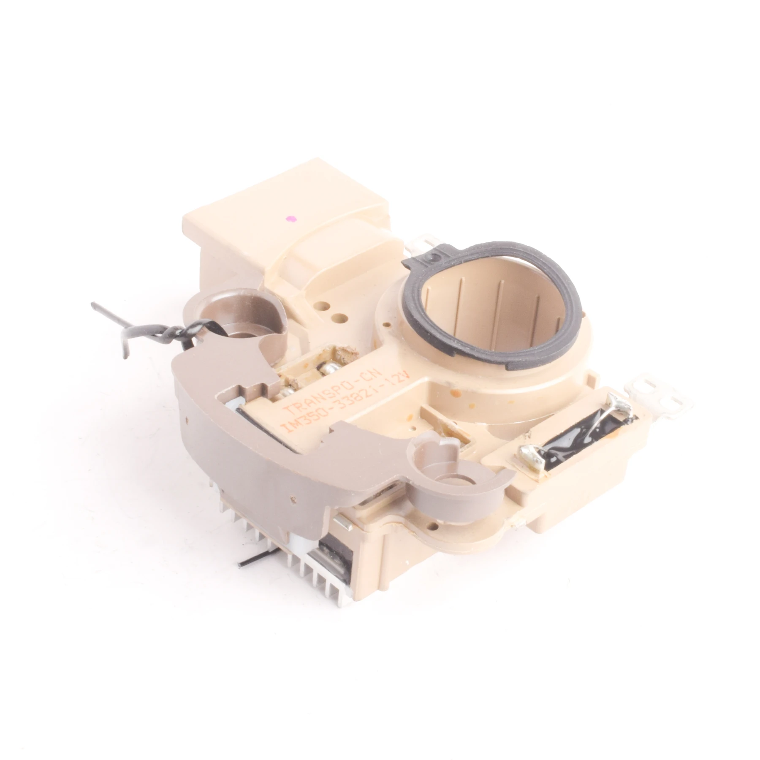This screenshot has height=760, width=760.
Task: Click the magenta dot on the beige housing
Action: point(290,218)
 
